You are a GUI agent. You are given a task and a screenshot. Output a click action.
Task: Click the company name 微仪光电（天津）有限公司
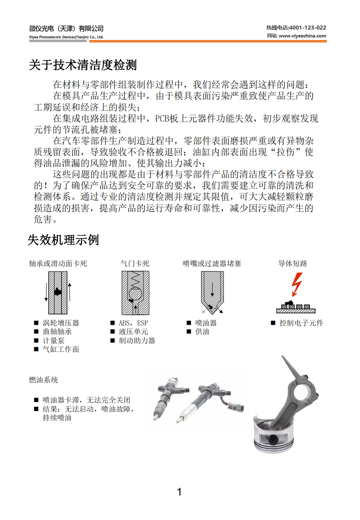click(x=66, y=28)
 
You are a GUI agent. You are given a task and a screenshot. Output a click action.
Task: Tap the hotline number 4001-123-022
click(x=307, y=28)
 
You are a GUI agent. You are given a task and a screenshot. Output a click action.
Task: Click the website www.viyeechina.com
click(x=302, y=36)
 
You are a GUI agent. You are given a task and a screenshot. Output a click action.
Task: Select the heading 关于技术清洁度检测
click(x=83, y=65)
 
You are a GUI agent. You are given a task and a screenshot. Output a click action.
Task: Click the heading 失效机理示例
click(x=63, y=240)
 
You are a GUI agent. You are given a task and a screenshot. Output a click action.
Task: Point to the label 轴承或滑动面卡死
click(x=58, y=264)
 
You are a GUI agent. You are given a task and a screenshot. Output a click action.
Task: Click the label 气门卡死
click(x=135, y=264)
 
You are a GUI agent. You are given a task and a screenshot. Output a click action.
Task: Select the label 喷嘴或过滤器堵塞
click(x=212, y=264)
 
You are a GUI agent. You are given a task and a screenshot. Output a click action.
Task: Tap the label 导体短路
click(x=293, y=264)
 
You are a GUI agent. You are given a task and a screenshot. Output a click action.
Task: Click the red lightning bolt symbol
click(x=297, y=284)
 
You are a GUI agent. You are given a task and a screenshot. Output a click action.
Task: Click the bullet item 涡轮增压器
click(x=61, y=323)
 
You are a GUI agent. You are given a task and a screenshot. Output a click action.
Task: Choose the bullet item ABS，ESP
click(x=133, y=323)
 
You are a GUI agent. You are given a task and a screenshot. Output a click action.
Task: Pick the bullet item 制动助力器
click(x=137, y=341)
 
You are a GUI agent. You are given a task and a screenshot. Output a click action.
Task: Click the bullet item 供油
click(x=202, y=332)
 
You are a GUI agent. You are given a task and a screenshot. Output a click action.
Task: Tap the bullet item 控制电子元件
click(x=301, y=323)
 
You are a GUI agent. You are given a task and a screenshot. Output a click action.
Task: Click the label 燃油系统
click(x=44, y=380)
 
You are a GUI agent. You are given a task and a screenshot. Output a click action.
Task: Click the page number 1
click(x=179, y=492)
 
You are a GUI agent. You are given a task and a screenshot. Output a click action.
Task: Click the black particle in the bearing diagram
click(x=58, y=292)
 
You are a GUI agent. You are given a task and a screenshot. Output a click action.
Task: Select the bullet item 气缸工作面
click(x=61, y=349)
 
